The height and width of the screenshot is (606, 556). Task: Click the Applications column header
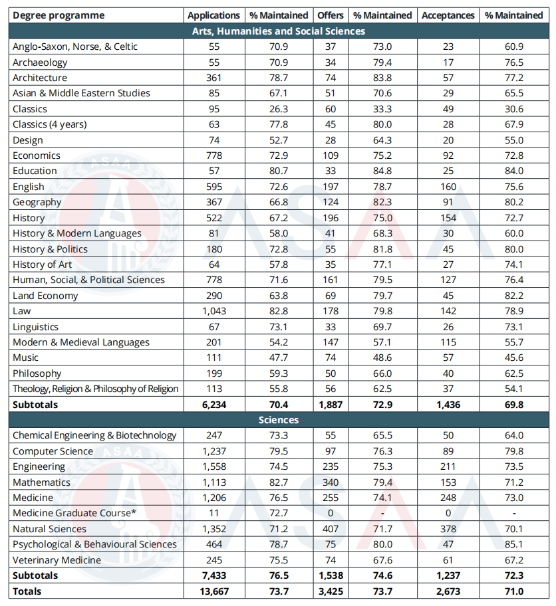[x=213, y=15]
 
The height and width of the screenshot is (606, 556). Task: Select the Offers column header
[x=331, y=15]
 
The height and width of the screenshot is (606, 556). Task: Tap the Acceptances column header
[x=448, y=15]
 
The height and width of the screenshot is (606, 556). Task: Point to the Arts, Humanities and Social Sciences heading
[x=278, y=31]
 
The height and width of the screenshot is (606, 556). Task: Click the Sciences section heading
[x=278, y=420]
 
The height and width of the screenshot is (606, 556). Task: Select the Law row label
[x=22, y=311]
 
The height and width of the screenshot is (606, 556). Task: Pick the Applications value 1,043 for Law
[x=213, y=311]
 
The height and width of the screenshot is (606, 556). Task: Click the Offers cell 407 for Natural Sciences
[x=331, y=529]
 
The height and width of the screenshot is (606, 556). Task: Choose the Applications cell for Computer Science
[x=213, y=451]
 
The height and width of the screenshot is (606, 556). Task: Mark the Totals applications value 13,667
[x=213, y=591]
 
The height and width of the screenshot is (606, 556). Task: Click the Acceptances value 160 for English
[x=448, y=187]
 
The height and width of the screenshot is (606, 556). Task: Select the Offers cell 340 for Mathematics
[x=331, y=482]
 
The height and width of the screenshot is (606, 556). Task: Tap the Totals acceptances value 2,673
[x=448, y=591]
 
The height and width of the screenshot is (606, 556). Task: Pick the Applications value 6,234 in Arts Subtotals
[x=213, y=405]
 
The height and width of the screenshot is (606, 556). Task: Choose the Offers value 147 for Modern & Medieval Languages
[x=331, y=342]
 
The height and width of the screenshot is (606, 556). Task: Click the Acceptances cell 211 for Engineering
[x=448, y=466]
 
